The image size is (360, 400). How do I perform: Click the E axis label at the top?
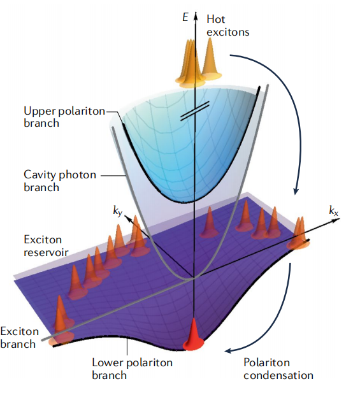click(x=185, y=18)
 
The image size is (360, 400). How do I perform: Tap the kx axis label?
click(x=333, y=211)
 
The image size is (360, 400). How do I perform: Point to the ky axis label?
click(x=118, y=211)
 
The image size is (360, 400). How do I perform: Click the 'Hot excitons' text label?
click(x=228, y=25)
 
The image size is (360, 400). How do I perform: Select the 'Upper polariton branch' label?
click(x=64, y=117)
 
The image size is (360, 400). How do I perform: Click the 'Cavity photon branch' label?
click(x=60, y=181)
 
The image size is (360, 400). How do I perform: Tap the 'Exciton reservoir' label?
click(x=46, y=246)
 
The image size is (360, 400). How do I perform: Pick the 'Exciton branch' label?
click(x=19, y=338)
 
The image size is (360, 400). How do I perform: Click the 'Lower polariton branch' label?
click(x=132, y=369)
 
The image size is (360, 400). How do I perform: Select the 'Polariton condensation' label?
click(x=278, y=369)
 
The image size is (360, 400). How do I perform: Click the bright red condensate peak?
click(x=194, y=336)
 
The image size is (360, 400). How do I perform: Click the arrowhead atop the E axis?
click(x=196, y=16)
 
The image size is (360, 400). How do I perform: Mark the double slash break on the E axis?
click(x=195, y=111)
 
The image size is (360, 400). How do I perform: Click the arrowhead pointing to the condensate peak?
click(x=228, y=351)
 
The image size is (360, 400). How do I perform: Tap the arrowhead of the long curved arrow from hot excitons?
click(x=296, y=191)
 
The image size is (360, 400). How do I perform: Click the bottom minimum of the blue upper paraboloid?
click(x=189, y=203)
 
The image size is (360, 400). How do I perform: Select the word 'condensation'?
click(x=278, y=375)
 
